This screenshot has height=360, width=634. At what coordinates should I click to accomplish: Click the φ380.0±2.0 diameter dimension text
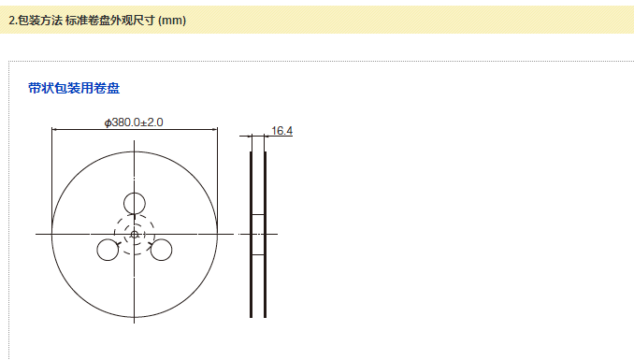[x=134, y=122]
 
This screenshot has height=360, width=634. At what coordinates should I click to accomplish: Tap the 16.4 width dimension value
[x=281, y=131]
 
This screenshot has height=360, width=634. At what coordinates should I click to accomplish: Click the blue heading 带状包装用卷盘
[x=74, y=88]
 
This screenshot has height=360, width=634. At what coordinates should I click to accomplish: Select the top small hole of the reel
[x=135, y=204]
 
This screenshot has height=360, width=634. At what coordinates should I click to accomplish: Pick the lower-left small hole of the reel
[x=108, y=250]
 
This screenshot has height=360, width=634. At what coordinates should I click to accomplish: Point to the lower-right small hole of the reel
[x=161, y=250]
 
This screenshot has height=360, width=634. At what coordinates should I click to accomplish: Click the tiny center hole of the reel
[x=135, y=234]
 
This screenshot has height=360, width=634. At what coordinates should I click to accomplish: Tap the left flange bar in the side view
[x=252, y=235]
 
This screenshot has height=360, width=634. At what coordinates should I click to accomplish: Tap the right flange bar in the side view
[x=265, y=235]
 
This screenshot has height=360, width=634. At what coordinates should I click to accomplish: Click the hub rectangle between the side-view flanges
[x=258, y=235]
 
